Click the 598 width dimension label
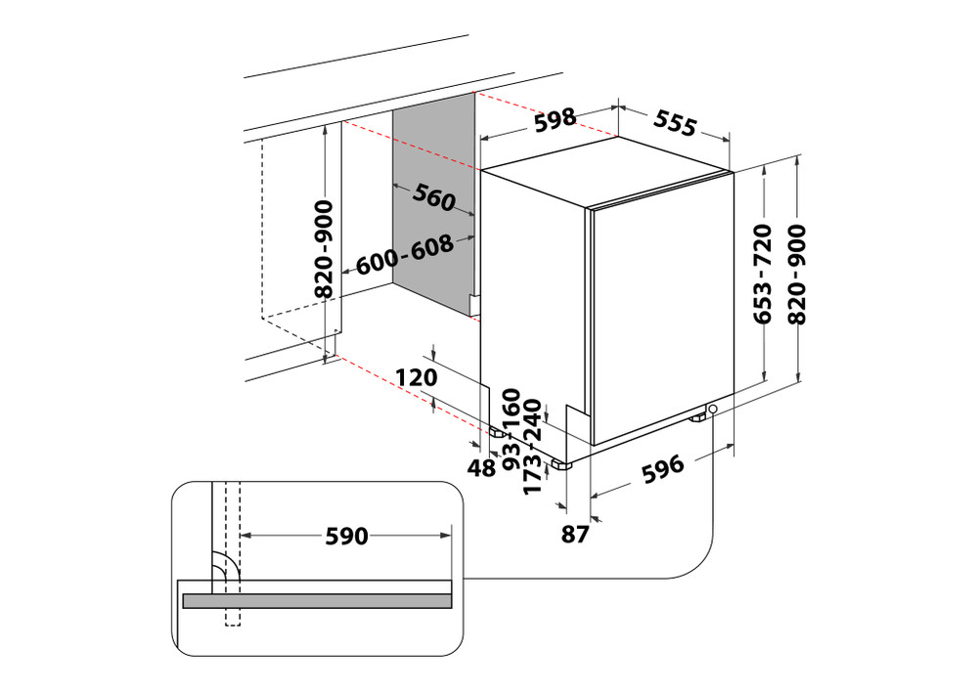[554, 120]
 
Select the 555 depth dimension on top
[675, 123]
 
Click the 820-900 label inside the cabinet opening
[325, 248]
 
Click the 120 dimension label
[415, 375]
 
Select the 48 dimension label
[481, 469]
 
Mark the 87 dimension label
[576, 534]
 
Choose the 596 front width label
[661, 470]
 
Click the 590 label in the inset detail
[346, 536]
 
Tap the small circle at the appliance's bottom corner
[713, 410]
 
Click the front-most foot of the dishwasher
[560, 465]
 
